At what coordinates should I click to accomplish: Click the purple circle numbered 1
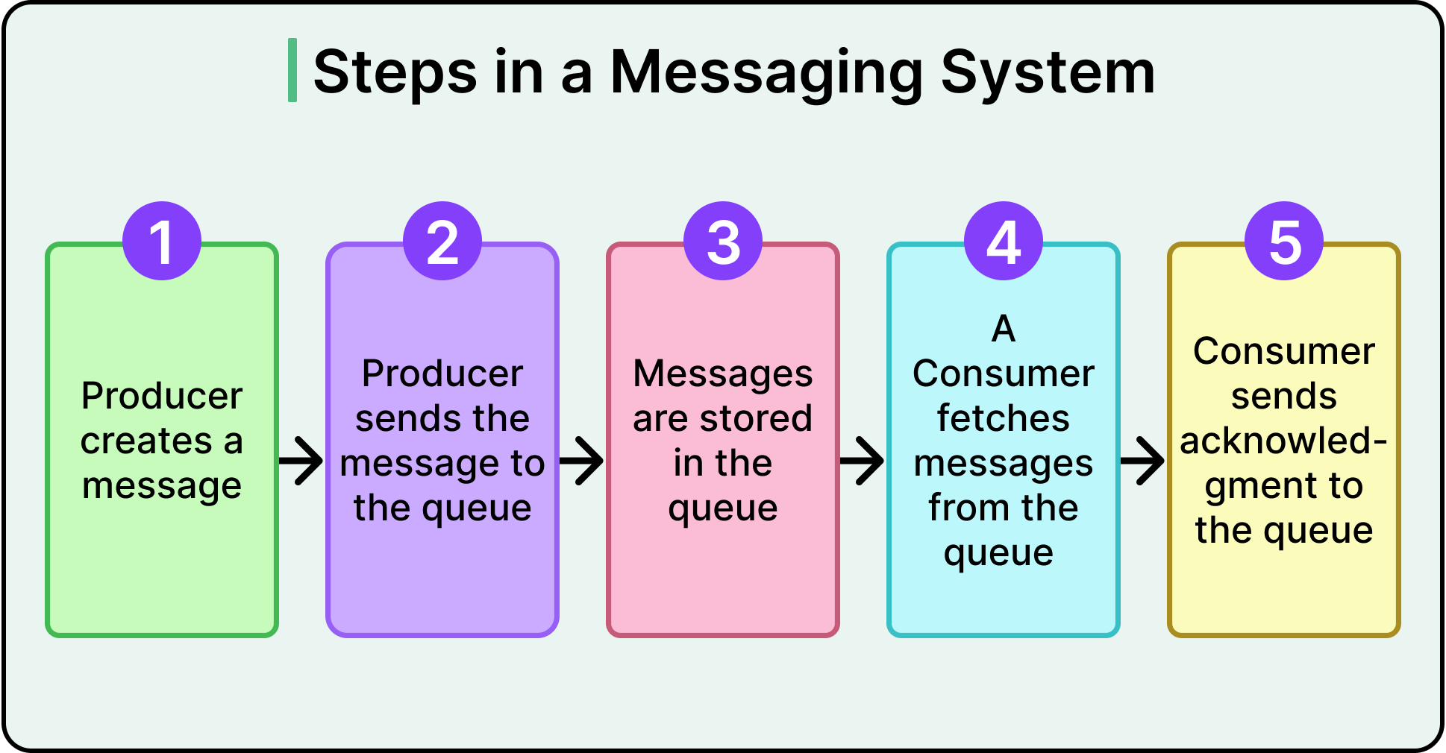(162, 241)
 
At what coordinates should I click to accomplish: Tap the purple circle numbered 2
(442, 241)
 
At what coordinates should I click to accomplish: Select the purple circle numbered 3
(723, 241)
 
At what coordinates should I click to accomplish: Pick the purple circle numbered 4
(1004, 241)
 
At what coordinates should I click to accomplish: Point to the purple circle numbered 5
(1284, 241)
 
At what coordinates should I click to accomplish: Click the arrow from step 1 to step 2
(301, 461)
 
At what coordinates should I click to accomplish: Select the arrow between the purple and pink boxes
(582, 461)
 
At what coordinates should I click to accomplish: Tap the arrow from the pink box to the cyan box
(863, 461)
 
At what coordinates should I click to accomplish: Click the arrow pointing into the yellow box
(1143, 461)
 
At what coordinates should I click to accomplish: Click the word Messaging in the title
(767, 73)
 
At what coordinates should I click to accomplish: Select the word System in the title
(1048, 72)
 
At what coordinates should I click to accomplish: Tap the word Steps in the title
(395, 73)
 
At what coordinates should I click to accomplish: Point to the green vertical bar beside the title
(292, 70)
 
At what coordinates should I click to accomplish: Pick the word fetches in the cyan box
(1004, 418)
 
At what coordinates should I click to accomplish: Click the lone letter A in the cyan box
(1004, 329)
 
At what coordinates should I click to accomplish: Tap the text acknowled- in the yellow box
(1283, 441)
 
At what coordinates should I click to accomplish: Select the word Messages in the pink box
(722, 374)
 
